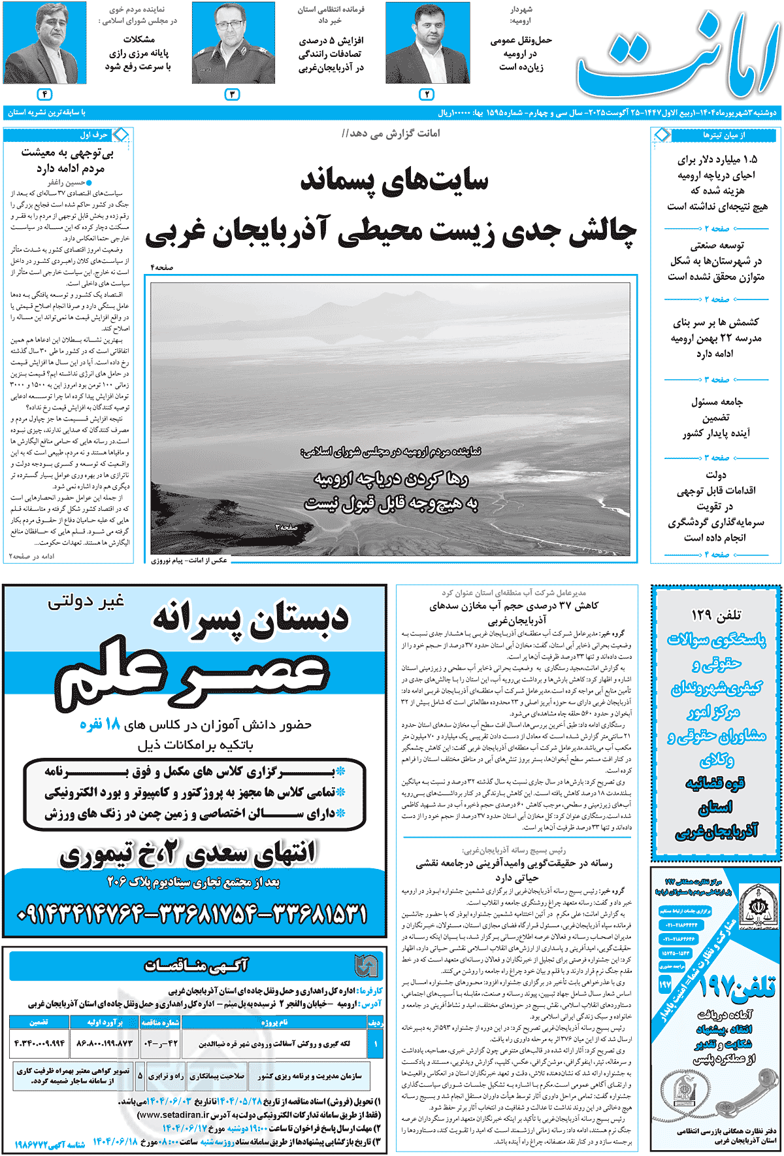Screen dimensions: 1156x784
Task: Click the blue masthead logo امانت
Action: [x=678, y=56]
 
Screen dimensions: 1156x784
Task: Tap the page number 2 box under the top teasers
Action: [x=426, y=94]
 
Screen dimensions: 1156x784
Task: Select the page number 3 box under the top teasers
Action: [x=233, y=94]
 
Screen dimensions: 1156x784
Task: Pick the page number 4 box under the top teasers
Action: [x=44, y=94]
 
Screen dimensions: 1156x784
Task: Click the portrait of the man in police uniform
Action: [x=233, y=44]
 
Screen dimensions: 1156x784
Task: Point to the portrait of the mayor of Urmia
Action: [x=427, y=44]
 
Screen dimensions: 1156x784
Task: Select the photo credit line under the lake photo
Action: [x=189, y=560]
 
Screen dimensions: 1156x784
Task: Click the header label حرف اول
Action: [x=93, y=135]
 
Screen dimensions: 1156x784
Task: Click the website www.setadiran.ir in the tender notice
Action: [x=174, y=1115]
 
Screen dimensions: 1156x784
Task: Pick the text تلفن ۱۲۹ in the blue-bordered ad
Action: [x=716, y=615]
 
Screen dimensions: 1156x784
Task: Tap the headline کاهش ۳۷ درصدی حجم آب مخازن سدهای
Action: [x=514, y=605]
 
